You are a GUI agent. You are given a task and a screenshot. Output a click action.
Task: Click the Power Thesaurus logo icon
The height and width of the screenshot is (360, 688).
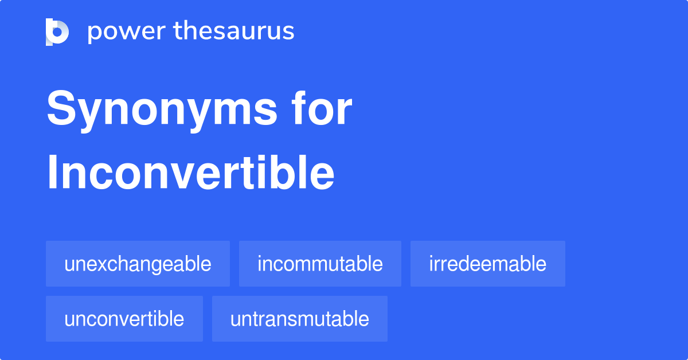57,32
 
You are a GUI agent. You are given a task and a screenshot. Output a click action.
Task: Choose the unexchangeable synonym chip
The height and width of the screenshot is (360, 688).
138,264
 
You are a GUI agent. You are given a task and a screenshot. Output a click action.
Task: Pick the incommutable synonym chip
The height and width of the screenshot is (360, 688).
320,264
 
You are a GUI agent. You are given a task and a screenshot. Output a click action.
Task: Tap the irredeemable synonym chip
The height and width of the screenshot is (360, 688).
487,264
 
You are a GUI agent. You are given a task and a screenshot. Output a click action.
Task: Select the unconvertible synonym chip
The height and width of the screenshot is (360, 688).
124,319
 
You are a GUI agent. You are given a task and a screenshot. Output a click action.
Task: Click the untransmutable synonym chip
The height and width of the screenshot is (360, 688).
299,319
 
